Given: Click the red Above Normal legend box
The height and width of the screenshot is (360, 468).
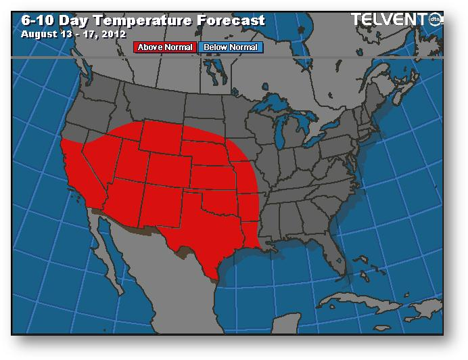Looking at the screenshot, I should click(166, 47).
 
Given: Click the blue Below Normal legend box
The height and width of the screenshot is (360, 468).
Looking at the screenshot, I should click(231, 47).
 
